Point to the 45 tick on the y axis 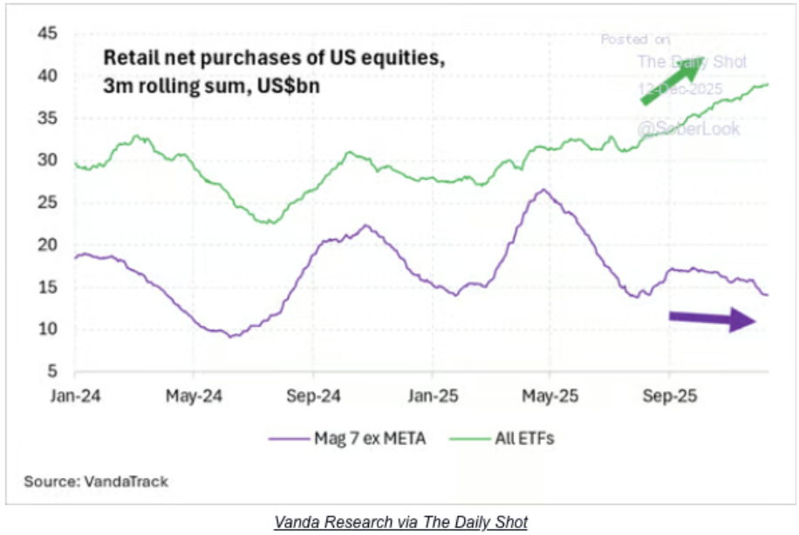(46, 34)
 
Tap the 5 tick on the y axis (51, 371)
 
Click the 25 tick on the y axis (46, 202)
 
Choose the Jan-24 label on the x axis (76, 394)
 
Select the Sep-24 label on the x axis (313, 394)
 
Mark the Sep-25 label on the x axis (669, 394)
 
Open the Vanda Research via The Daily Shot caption (400, 522)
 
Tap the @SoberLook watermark (688, 129)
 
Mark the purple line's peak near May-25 (543, 189)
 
